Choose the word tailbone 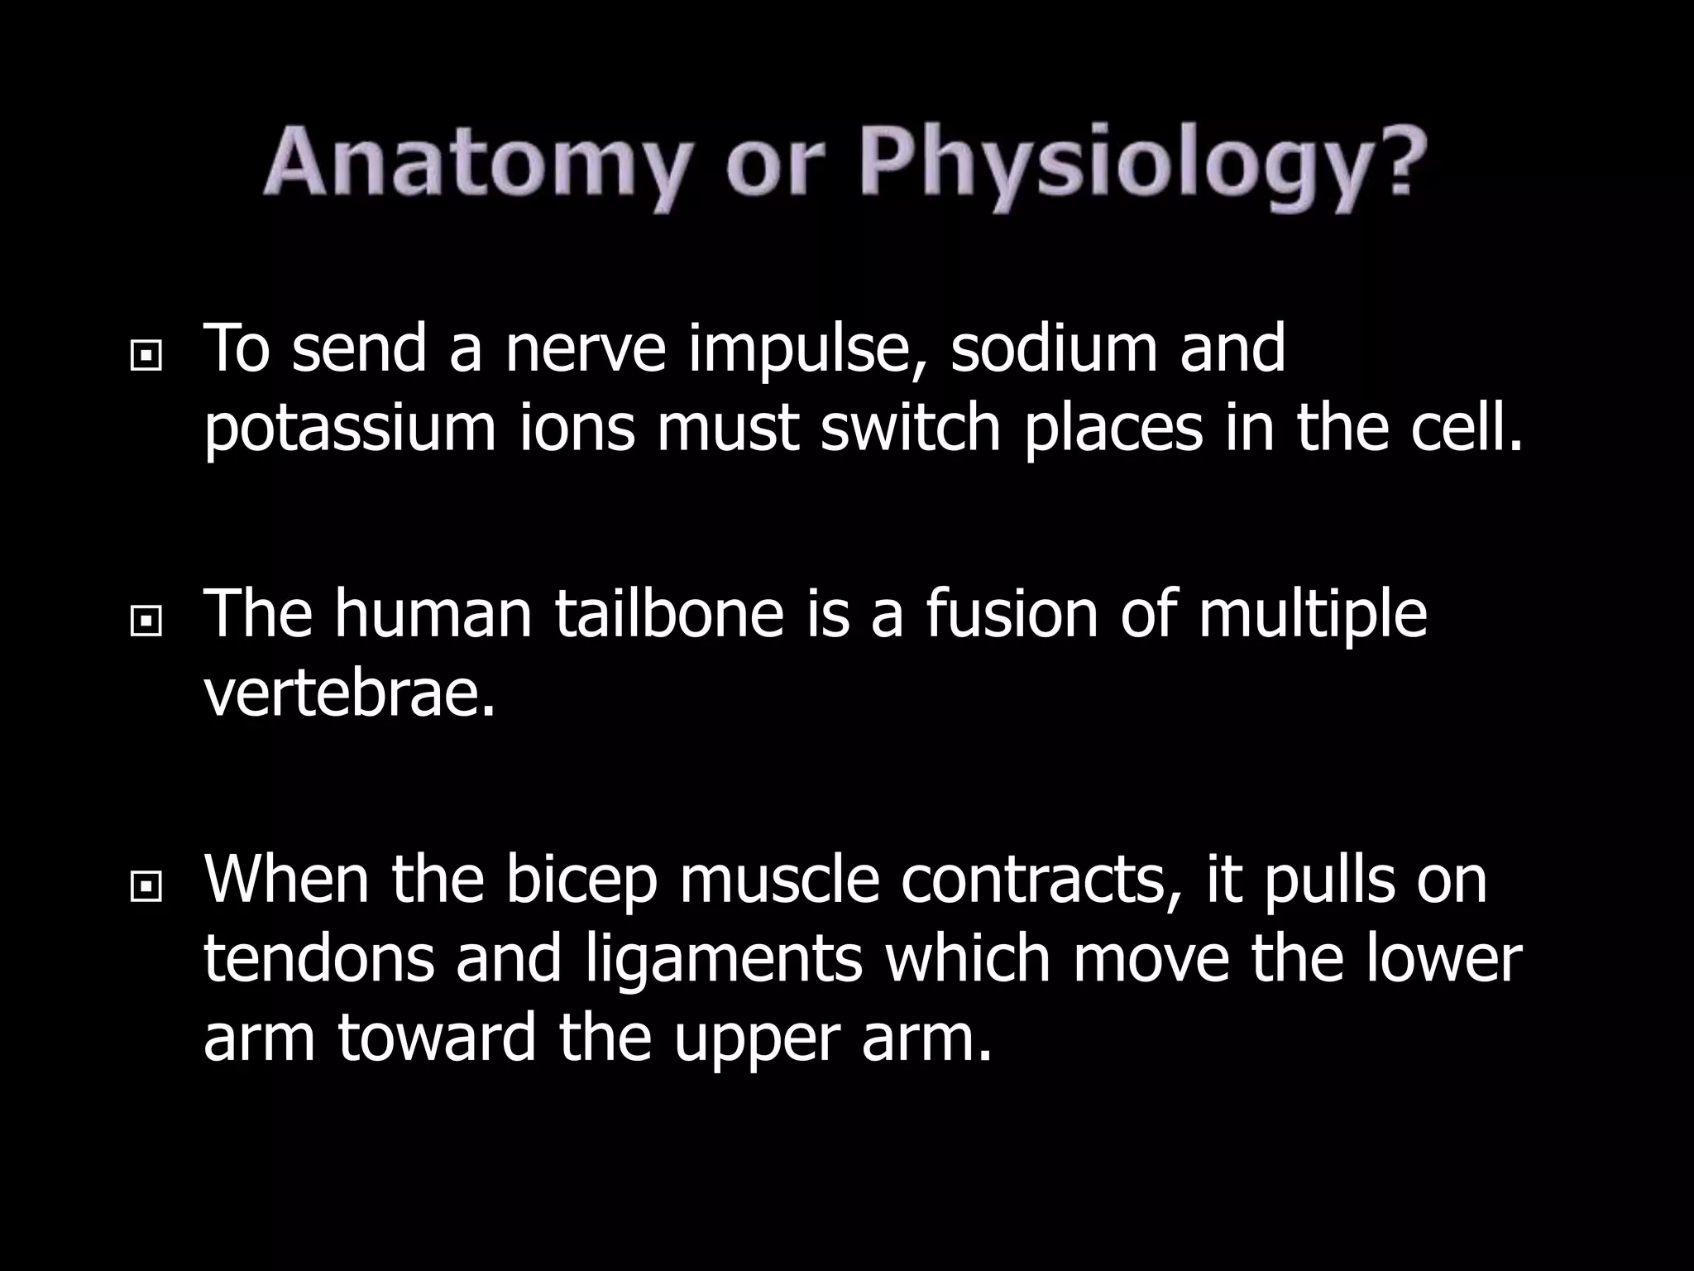669,614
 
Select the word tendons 319,960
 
